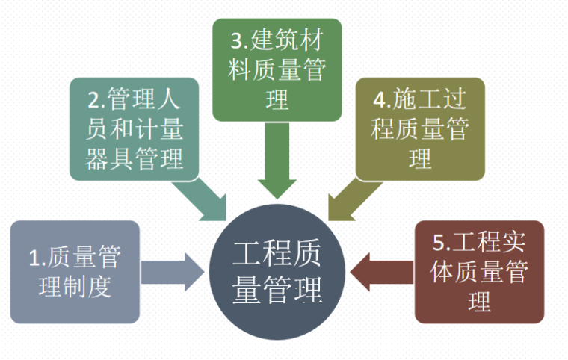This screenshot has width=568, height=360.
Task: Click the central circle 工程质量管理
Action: (x=277, y=273)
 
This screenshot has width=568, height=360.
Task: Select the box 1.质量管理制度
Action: (x=75, y=272)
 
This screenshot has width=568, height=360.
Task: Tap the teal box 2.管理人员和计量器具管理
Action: (x=135, y=129)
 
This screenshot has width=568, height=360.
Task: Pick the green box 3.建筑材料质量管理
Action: (x=277, y=69)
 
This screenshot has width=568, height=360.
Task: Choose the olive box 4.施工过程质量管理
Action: (x=420, y=129)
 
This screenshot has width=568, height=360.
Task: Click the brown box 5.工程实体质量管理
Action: (x=479, y=272)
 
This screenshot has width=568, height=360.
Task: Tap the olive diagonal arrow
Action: (x=351, y=199)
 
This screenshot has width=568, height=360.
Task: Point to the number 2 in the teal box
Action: (x=93, y=100)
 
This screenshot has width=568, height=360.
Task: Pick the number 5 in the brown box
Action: (x=439, y=243)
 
